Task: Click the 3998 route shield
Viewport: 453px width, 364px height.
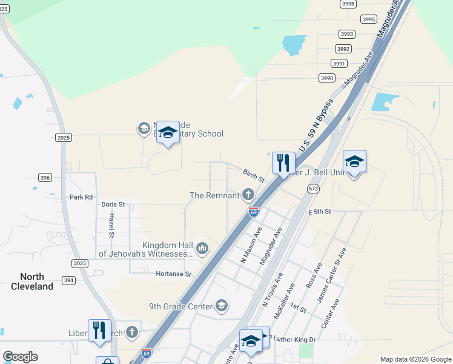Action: coord(348,4)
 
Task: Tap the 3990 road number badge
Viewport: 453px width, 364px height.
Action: coord(327,78)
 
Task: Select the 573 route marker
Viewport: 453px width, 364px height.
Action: coord(313,189)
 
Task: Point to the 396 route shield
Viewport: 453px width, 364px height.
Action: coord(44,177)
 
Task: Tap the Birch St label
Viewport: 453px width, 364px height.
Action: coord(254,176)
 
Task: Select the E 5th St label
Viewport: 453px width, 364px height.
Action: coord(320,212)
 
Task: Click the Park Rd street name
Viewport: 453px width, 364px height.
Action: coord(81,197)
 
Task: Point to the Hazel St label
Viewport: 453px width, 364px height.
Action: coord(112,225)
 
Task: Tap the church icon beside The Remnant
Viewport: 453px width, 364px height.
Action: coord(248,195)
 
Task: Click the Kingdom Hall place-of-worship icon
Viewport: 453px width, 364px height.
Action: coord(202,248)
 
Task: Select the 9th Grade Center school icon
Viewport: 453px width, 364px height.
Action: coord(222,306)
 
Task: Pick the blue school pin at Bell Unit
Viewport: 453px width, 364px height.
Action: coord(354,161)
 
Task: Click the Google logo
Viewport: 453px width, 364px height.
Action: coord(20,357)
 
